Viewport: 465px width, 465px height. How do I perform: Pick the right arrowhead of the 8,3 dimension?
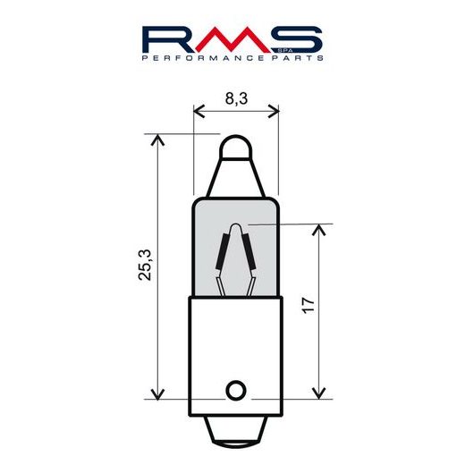click(274, 111)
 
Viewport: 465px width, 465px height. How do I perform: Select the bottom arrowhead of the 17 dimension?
click(317, 394)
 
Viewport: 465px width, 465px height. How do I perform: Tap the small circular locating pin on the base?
click(235, 391)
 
